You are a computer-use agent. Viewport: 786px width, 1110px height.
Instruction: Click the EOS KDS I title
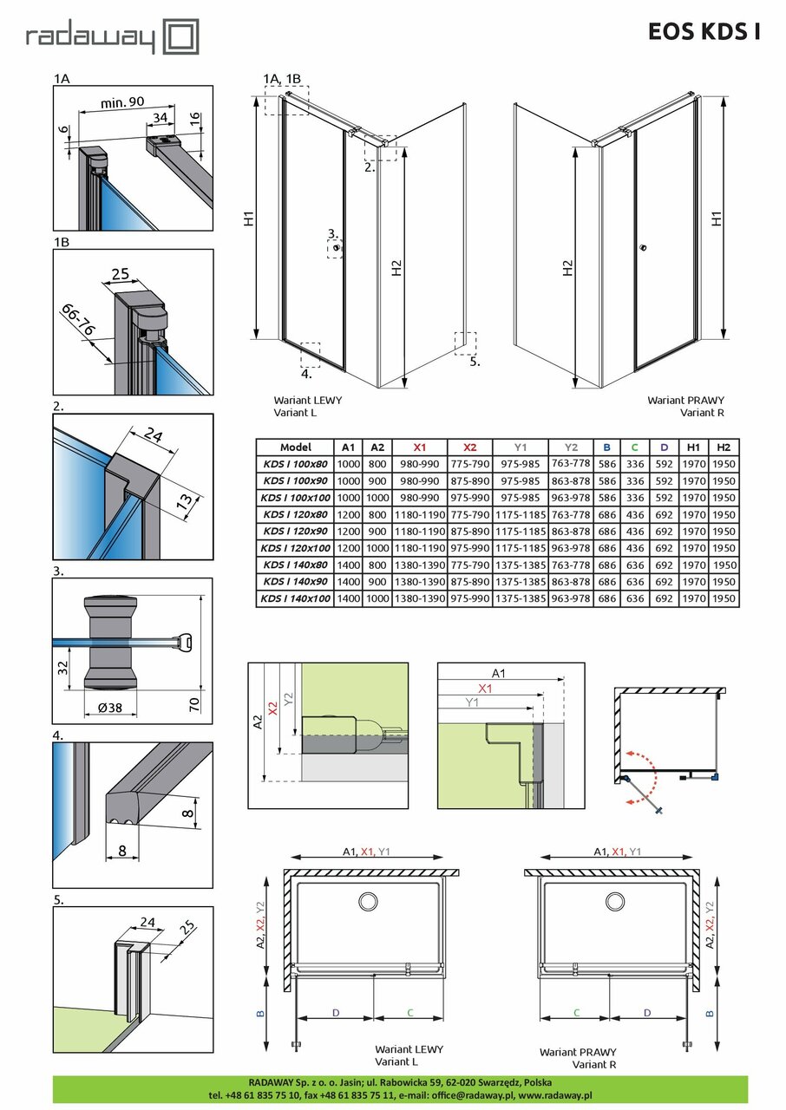(704, 32)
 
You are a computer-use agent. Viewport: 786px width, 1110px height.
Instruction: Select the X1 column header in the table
(419, 447)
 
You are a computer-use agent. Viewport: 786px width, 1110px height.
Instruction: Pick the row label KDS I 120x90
(296, 531)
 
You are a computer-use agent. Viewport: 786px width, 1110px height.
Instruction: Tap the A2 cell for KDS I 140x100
(377, 598)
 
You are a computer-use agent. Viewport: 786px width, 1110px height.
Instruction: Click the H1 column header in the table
(693, 447)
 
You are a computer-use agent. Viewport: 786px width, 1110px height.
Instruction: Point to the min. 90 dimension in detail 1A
(122, 102)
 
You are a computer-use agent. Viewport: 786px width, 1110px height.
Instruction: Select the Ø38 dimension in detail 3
(109, 708)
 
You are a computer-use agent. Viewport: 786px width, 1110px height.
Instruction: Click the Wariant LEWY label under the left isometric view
(307, 401)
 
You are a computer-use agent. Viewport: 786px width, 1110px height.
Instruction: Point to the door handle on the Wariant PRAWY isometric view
(643, 250)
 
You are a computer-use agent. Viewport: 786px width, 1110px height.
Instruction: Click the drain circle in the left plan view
(369, 902)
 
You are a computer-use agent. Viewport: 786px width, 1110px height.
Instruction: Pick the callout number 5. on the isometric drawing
(474, 362)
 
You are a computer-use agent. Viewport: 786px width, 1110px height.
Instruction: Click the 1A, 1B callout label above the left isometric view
(282, 79)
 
